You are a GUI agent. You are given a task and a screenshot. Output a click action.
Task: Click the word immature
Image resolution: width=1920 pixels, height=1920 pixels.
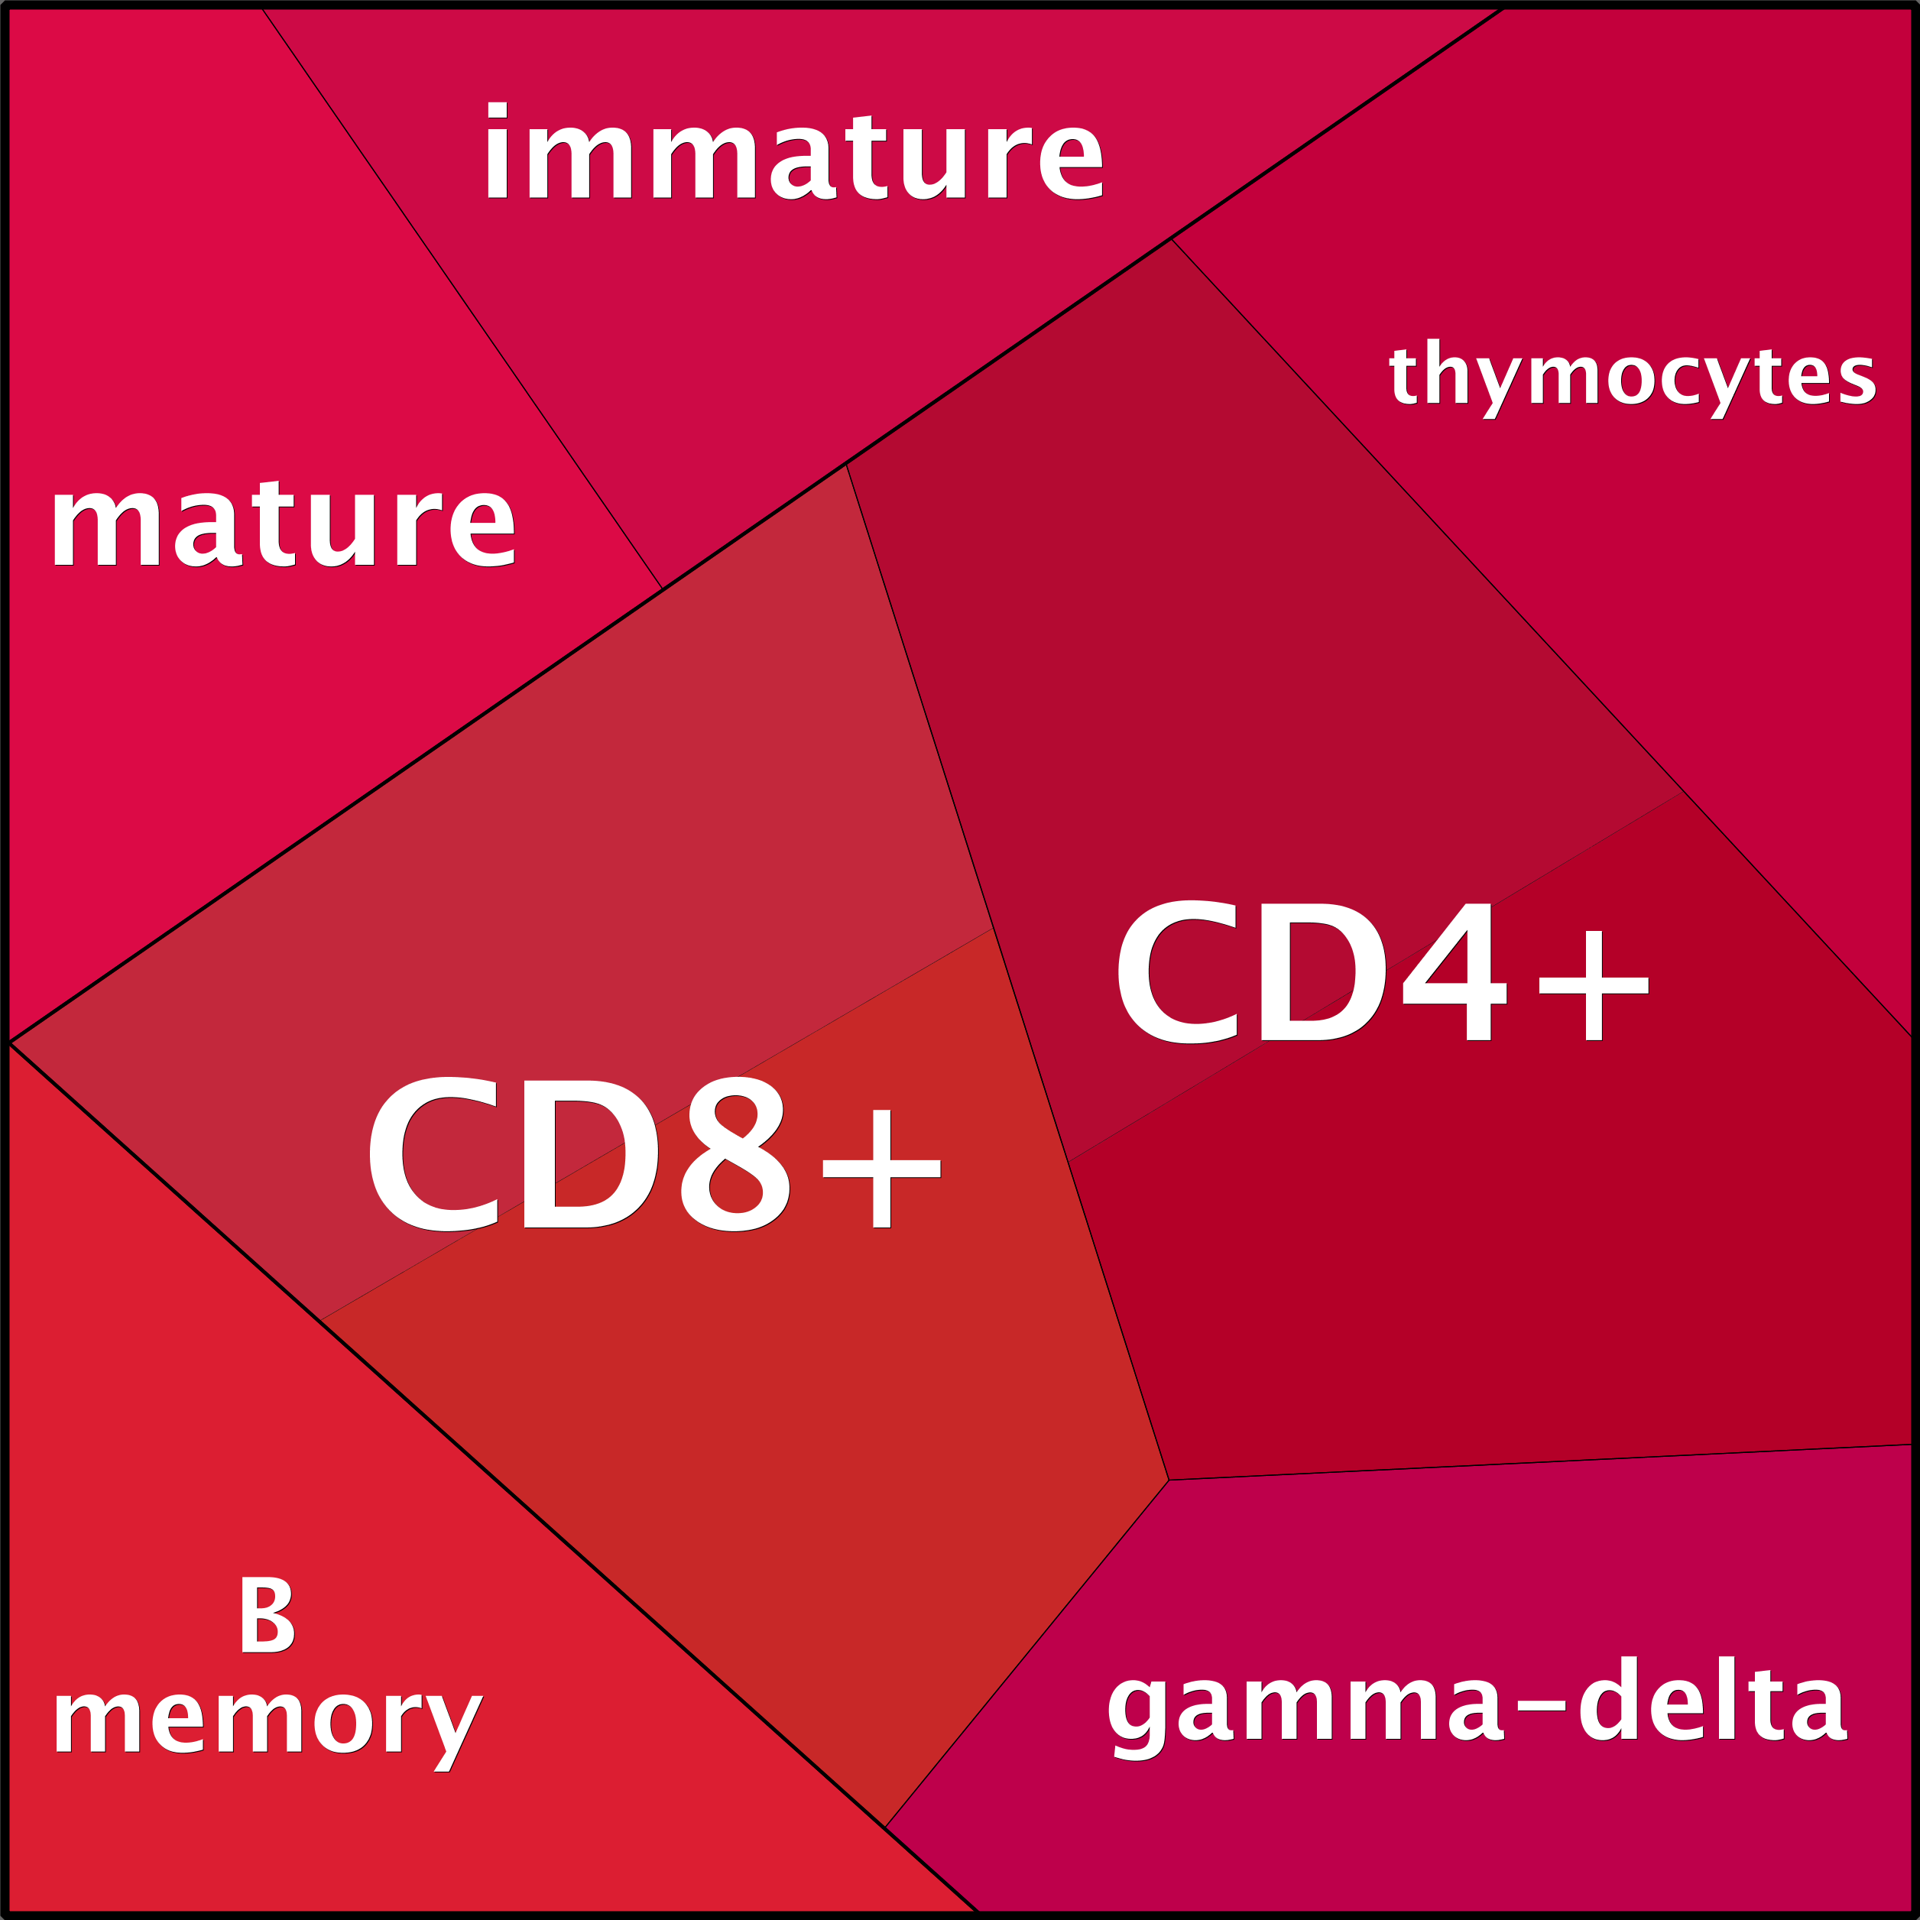click(x=794, y=151)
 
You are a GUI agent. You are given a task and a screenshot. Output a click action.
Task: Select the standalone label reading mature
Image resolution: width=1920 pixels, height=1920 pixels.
click(x=284, y=524)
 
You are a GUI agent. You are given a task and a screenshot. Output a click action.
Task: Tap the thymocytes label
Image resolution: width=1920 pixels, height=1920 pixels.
click(x=1633, y=378)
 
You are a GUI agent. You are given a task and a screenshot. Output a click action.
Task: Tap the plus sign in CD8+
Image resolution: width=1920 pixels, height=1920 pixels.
click(x=881, y=1169)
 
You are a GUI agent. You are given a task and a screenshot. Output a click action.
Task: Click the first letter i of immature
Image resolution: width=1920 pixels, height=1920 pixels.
click(x=497, y=151)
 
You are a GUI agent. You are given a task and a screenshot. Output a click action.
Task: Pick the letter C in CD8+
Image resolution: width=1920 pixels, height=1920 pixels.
click(x=433, y=1154)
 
